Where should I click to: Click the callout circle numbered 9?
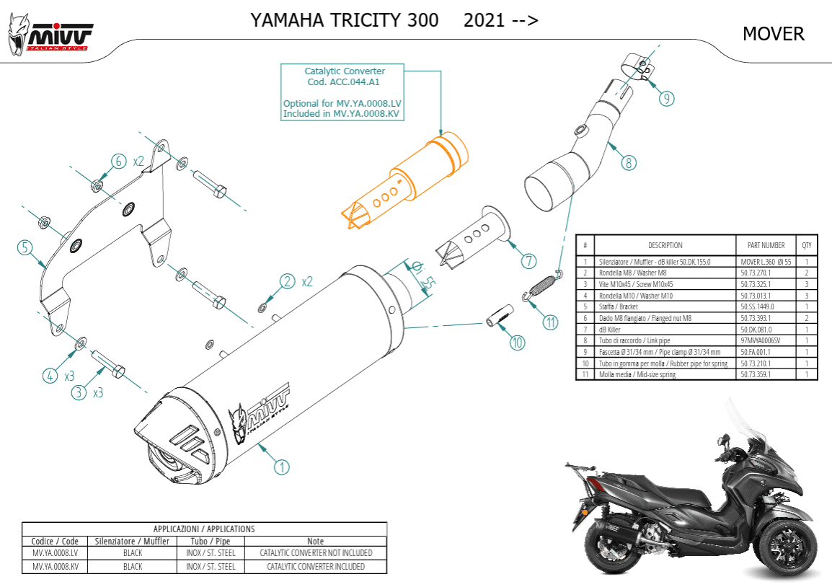click(667, 99)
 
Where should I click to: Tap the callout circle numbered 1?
click(281, 467)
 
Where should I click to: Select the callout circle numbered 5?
click(25, 248)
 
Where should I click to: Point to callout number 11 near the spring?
click(551, 322)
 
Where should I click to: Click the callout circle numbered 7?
click(528, 260)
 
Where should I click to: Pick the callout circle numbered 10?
click(517, 343)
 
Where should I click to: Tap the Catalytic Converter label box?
click(344, 92)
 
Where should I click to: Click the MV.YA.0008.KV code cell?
click(55, 567)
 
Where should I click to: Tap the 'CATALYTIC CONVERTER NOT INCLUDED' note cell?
click(316, 552)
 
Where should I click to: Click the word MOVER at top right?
click(773, 34)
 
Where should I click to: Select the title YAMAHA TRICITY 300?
click(344, 20)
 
